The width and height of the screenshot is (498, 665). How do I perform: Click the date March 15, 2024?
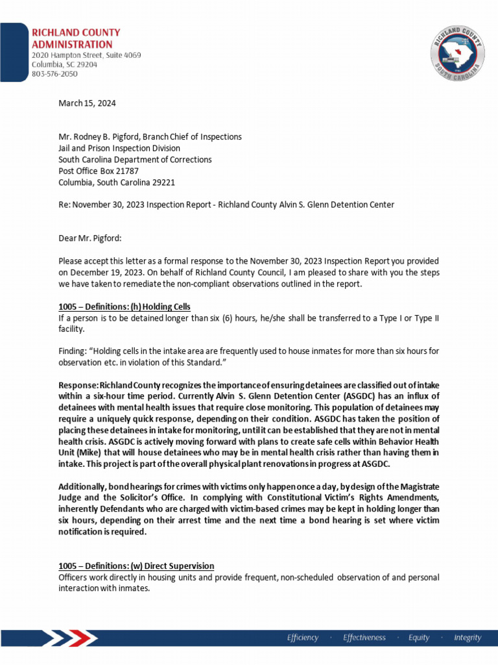tap(87, 103)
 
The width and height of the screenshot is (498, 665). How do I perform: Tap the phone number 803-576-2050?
tap(55, 74)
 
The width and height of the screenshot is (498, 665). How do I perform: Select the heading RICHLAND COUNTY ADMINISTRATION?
tap(77, 38)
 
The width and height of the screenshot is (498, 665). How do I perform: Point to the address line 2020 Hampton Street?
tap(86, 56)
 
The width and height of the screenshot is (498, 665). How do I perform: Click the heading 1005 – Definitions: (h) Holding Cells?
tap(124, 307)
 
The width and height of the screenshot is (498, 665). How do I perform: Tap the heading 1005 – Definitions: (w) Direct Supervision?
tap(136, 566)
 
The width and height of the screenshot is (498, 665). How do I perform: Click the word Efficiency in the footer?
tap(303, 638)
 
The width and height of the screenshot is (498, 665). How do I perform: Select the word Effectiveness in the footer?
tap(364, 638)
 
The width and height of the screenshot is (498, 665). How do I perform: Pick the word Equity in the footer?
tap(419, 638)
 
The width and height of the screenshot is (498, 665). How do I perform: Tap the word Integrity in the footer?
tap(468, 638)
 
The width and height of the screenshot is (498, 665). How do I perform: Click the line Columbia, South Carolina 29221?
tap(117, 182)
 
